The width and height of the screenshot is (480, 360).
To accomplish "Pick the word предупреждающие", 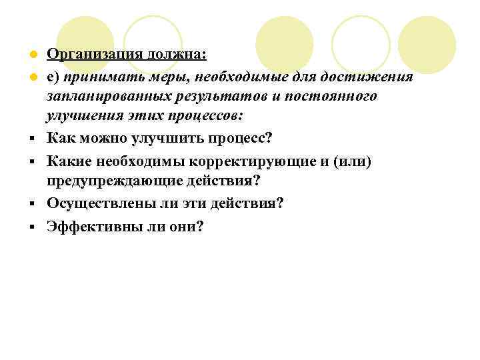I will (111, 181).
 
